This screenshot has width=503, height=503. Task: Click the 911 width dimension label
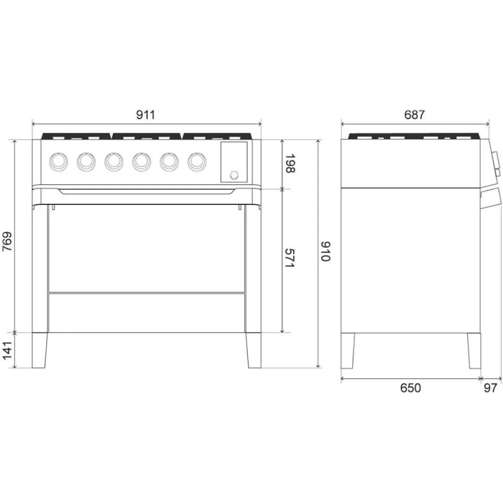[x=145, y=114]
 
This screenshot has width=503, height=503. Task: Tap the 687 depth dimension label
[x=414, y=114]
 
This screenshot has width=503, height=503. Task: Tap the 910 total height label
[x=325, y=251]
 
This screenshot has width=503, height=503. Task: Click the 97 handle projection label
[x=491, y=388]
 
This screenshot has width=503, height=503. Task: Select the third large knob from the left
[x=114, y=161]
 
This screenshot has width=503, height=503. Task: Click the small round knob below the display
[x=234, y=175]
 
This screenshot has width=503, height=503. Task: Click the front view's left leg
[x=40, y=350]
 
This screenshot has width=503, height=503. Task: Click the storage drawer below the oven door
[x=146, y=312]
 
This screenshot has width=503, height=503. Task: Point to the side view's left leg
[x=349, y=350]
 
